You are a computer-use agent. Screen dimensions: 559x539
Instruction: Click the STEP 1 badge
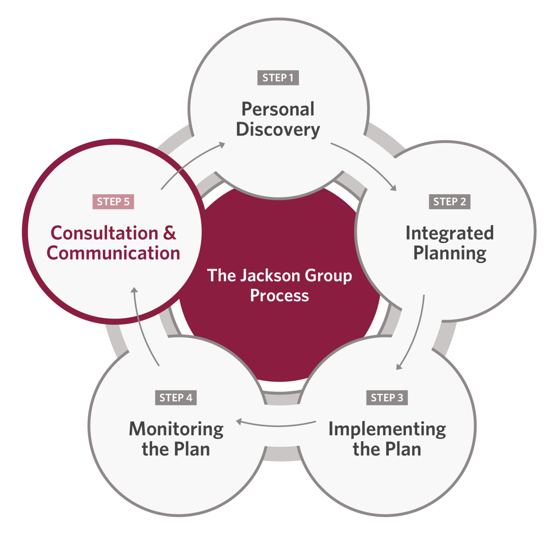pyautogui.click(x=278, y=78)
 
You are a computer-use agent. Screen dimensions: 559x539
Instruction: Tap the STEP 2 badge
pyautogui.click(x=449, y=202)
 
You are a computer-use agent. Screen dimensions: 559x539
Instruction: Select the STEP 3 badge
pyautogui.click(x=387, y=398)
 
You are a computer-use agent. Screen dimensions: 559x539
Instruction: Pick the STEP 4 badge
pyautogui.click(x=175, y=398)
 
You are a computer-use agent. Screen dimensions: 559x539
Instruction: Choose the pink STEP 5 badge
pyautogui.click(x=113, y=202)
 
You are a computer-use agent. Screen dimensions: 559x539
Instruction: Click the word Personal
pyautogui.click(x=278, y=109)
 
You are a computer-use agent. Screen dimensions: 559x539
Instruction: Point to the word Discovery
pyautogui.click(x=278, y=130)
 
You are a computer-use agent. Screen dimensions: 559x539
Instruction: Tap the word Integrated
pyautogui.click(x=449, y=233)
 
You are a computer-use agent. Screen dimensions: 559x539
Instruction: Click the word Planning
pyautogui.click(x=449, y=254)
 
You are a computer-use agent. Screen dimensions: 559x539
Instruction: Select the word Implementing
pyautogui.click(x=387, y=429)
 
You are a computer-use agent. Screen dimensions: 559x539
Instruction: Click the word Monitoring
pyautogui.click(x=176, y=429)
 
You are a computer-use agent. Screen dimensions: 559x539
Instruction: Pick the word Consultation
pyautogui.click(x=104, y=233)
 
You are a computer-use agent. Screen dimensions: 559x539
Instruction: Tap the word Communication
pyautogui.click(x=113, y=253)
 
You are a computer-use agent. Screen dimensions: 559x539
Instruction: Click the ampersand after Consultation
pyautogui.click(x=169, y=233)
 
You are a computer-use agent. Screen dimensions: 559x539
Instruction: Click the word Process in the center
pyautogui.click(x=279, y=296)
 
